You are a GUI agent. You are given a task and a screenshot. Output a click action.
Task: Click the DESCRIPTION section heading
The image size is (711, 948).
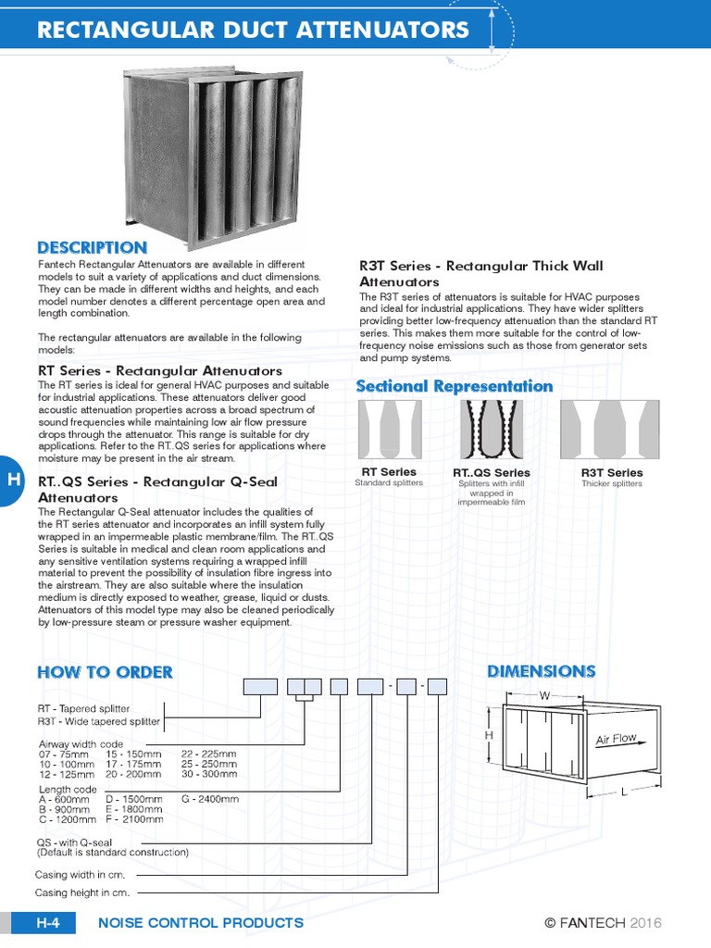pos(92,247)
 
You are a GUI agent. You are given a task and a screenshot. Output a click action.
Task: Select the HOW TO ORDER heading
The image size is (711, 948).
pos(105,672)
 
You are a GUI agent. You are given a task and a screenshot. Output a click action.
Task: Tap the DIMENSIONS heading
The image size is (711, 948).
pos(541,671)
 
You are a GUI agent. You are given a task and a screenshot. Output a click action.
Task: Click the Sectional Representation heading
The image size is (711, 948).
pos(455,386)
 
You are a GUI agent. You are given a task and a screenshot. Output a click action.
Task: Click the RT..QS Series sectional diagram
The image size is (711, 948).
pos(492,430)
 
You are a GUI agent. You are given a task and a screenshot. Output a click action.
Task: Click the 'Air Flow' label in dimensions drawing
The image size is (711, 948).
pos(616,740)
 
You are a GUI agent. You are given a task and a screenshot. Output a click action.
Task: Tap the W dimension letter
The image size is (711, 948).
pos(544,694)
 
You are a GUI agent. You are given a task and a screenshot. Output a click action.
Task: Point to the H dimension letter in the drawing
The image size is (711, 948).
pos(491,734)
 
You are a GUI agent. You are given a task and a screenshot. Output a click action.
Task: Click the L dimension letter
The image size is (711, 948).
pos(624,792)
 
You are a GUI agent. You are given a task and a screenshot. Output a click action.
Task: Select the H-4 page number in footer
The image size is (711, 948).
pos(48,922)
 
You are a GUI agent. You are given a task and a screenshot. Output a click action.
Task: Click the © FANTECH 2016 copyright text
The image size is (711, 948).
pos(603,922)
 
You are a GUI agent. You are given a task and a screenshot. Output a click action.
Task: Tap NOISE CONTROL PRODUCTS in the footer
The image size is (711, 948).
pos(201,922)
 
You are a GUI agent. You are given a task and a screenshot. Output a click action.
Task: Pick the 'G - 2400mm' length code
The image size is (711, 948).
pos(210,799)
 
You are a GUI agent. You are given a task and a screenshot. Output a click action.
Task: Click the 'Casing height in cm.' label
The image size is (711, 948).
pos(81,892)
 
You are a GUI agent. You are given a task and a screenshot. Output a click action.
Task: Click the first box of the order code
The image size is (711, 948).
pos(260,686)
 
